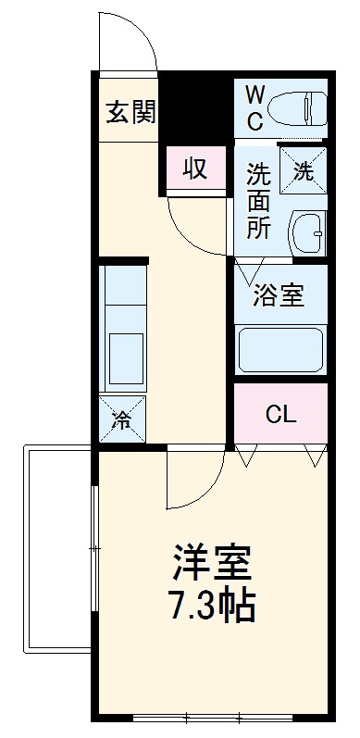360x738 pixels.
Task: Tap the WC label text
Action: [254, 106]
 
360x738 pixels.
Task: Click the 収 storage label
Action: [192, 169]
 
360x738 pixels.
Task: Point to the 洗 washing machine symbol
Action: [303, 169]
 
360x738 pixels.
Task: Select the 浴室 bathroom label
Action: [279, 296]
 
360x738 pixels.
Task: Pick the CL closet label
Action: [280, 414]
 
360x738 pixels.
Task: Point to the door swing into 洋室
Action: [193, 482]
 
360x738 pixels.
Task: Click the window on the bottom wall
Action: [212, 717]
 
